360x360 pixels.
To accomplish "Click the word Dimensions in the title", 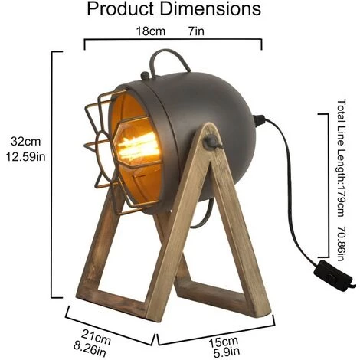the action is (211, 8).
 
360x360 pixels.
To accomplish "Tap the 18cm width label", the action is (151, 31).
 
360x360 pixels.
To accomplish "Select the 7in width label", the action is (196, 31).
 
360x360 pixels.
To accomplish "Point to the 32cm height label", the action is (25, 141).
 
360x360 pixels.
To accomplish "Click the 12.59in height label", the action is (25, 156).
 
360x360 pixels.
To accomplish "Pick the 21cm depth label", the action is (96, 337).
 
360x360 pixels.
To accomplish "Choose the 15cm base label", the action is (224, 342).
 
